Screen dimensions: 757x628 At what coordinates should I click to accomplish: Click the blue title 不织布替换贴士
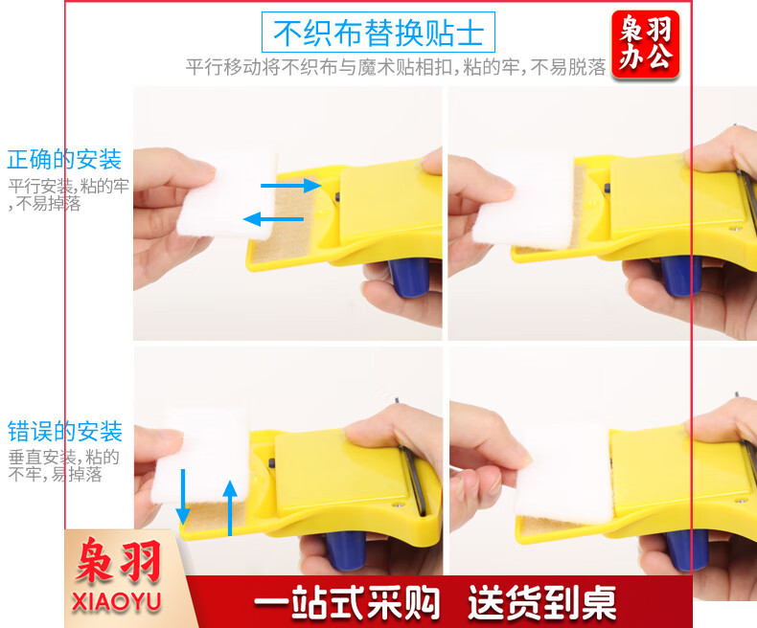click(378, 33)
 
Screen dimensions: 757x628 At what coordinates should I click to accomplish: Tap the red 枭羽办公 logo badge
click(646, 44)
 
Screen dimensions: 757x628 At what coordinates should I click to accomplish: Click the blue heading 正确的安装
click(64, 159)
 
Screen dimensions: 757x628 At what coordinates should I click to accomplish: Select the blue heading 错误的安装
click(65, 431)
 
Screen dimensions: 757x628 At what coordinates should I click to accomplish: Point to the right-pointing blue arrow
click(290, 185)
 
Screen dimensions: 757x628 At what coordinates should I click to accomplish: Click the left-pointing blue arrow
click(273, 219)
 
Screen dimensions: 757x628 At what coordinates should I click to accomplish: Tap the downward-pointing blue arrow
click(183, 497)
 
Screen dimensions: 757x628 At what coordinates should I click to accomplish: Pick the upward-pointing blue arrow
click(230, 508)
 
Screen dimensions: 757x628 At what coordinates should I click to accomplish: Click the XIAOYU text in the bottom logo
click(116, 602)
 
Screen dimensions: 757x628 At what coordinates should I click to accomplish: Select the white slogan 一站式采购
click(347, 602)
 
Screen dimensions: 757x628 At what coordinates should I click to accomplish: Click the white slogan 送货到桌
click(541, 602)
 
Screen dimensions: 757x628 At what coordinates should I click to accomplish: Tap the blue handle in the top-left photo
click(408, 277)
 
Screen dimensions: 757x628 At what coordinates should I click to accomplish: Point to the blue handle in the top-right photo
click(681, 276)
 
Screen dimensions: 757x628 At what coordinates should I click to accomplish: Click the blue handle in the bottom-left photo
click(346, 551)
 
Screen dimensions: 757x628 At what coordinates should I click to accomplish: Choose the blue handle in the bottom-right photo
click(686, 550)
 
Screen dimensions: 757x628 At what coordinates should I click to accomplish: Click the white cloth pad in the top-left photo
click(227, 195)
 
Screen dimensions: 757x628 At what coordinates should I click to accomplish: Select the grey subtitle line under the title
click(396, 67)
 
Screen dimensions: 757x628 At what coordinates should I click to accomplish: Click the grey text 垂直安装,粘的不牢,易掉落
click(63, 465)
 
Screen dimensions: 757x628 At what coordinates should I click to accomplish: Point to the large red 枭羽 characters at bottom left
click(118, 561)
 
